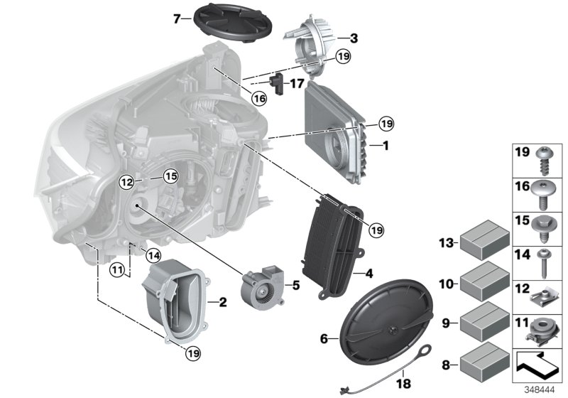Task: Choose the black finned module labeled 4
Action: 332,242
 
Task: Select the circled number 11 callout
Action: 117,269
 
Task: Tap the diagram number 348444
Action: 542,389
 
